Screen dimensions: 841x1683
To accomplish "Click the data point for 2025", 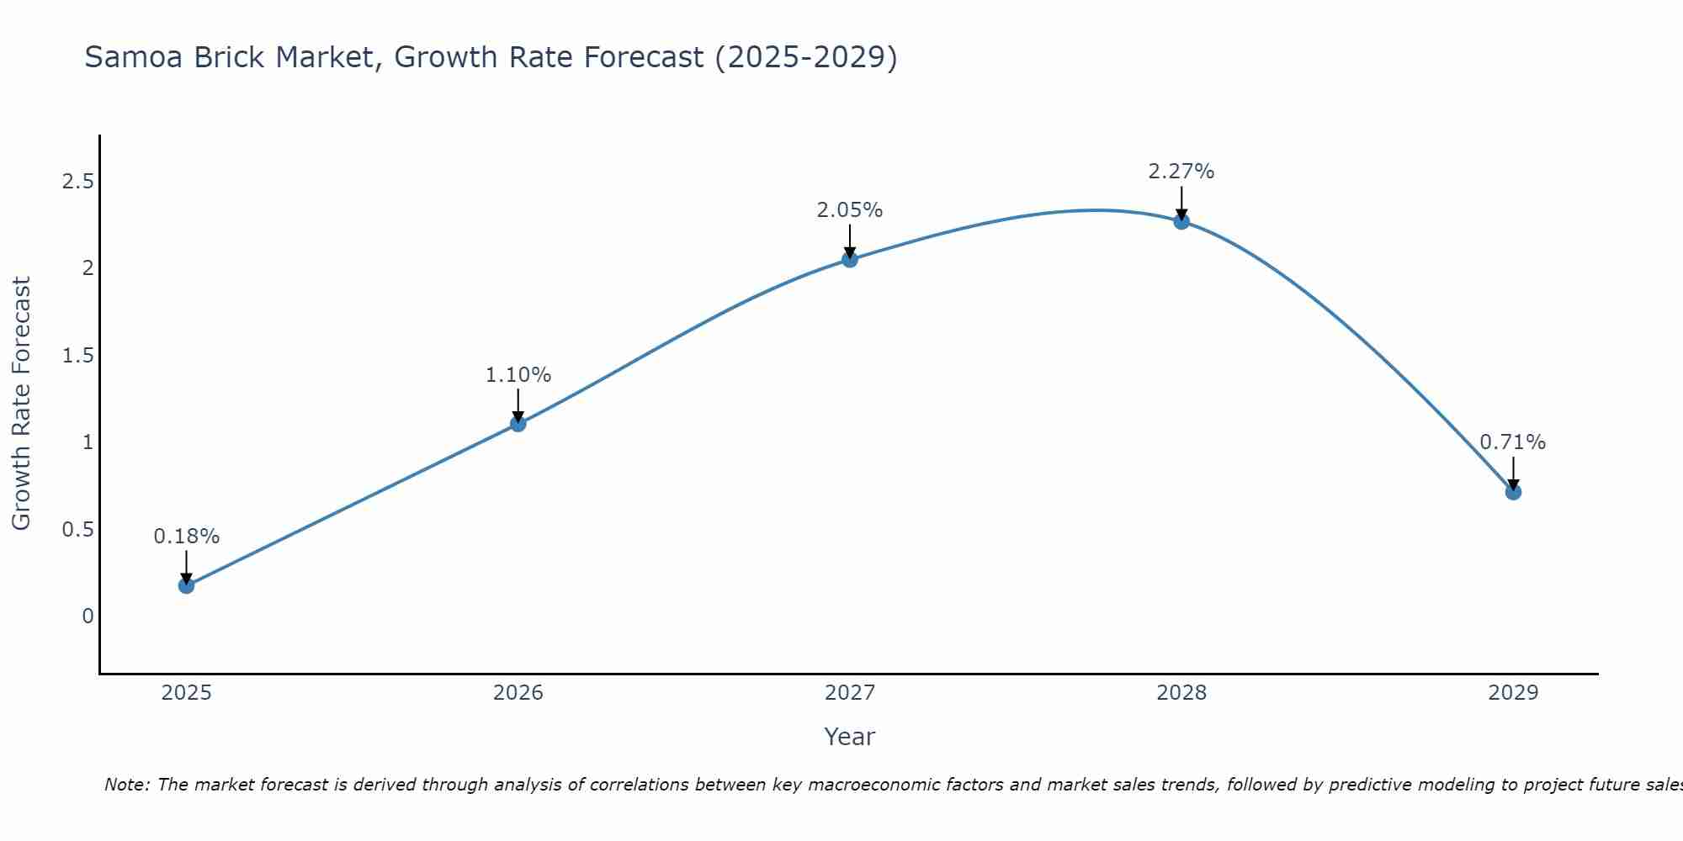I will click(187, 585).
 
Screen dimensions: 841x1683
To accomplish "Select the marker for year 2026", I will click(518, 424).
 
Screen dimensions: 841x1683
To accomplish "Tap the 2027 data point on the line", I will click(850, 259).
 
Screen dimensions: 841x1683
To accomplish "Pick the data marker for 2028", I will click(1181, 221).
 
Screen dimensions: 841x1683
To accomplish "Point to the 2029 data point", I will click(1513, 492).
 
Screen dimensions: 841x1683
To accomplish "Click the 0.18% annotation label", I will click(187, 537).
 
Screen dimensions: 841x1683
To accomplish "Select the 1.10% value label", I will click(518, 375).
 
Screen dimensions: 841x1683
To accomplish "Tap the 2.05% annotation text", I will click(850, 210).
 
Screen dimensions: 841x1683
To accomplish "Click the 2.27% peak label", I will click(1181, 172).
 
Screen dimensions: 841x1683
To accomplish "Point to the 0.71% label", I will click(1513, 442).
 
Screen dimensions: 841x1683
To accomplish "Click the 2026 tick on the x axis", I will click(518, 693).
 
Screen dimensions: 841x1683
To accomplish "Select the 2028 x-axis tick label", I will click(1181, 693).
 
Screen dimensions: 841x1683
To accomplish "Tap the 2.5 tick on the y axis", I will click(77, 182).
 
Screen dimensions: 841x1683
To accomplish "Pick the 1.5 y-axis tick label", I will click(77, 356).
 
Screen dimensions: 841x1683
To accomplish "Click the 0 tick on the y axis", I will click(88, 616).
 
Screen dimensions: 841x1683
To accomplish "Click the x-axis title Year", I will click(850, 737).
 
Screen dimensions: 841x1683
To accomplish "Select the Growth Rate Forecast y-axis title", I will click(21, 404).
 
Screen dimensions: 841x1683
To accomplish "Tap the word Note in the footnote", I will click(126, 785).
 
